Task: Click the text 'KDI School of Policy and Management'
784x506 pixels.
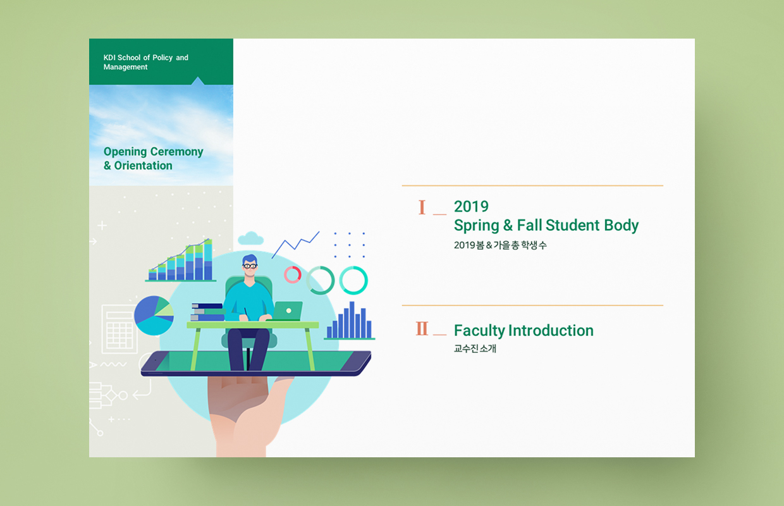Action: (x=145, y=62)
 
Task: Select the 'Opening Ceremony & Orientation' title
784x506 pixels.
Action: (x=153, y=158)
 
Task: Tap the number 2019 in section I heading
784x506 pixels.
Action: (x=471, y=207)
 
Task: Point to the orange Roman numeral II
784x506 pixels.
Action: (x=422, y=328)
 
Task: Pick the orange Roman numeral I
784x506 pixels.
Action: (x=422, y=207)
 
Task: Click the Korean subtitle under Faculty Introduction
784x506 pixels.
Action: (x=475, y=349)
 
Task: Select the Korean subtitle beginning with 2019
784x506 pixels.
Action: (x=500, y=245)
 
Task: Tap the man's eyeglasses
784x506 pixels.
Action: (x=250, y=266)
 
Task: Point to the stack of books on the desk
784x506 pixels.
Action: (x=207, y=312)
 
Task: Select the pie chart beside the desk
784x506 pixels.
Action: (x=154, y=316)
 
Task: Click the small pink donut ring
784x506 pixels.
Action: (x=293, y=275)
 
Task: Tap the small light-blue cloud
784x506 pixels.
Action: (x=250, y=238)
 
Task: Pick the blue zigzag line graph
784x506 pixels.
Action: (x=296, y=244)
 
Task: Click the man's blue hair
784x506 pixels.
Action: (x=250, y=259)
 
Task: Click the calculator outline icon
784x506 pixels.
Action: (x=119, y=329)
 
